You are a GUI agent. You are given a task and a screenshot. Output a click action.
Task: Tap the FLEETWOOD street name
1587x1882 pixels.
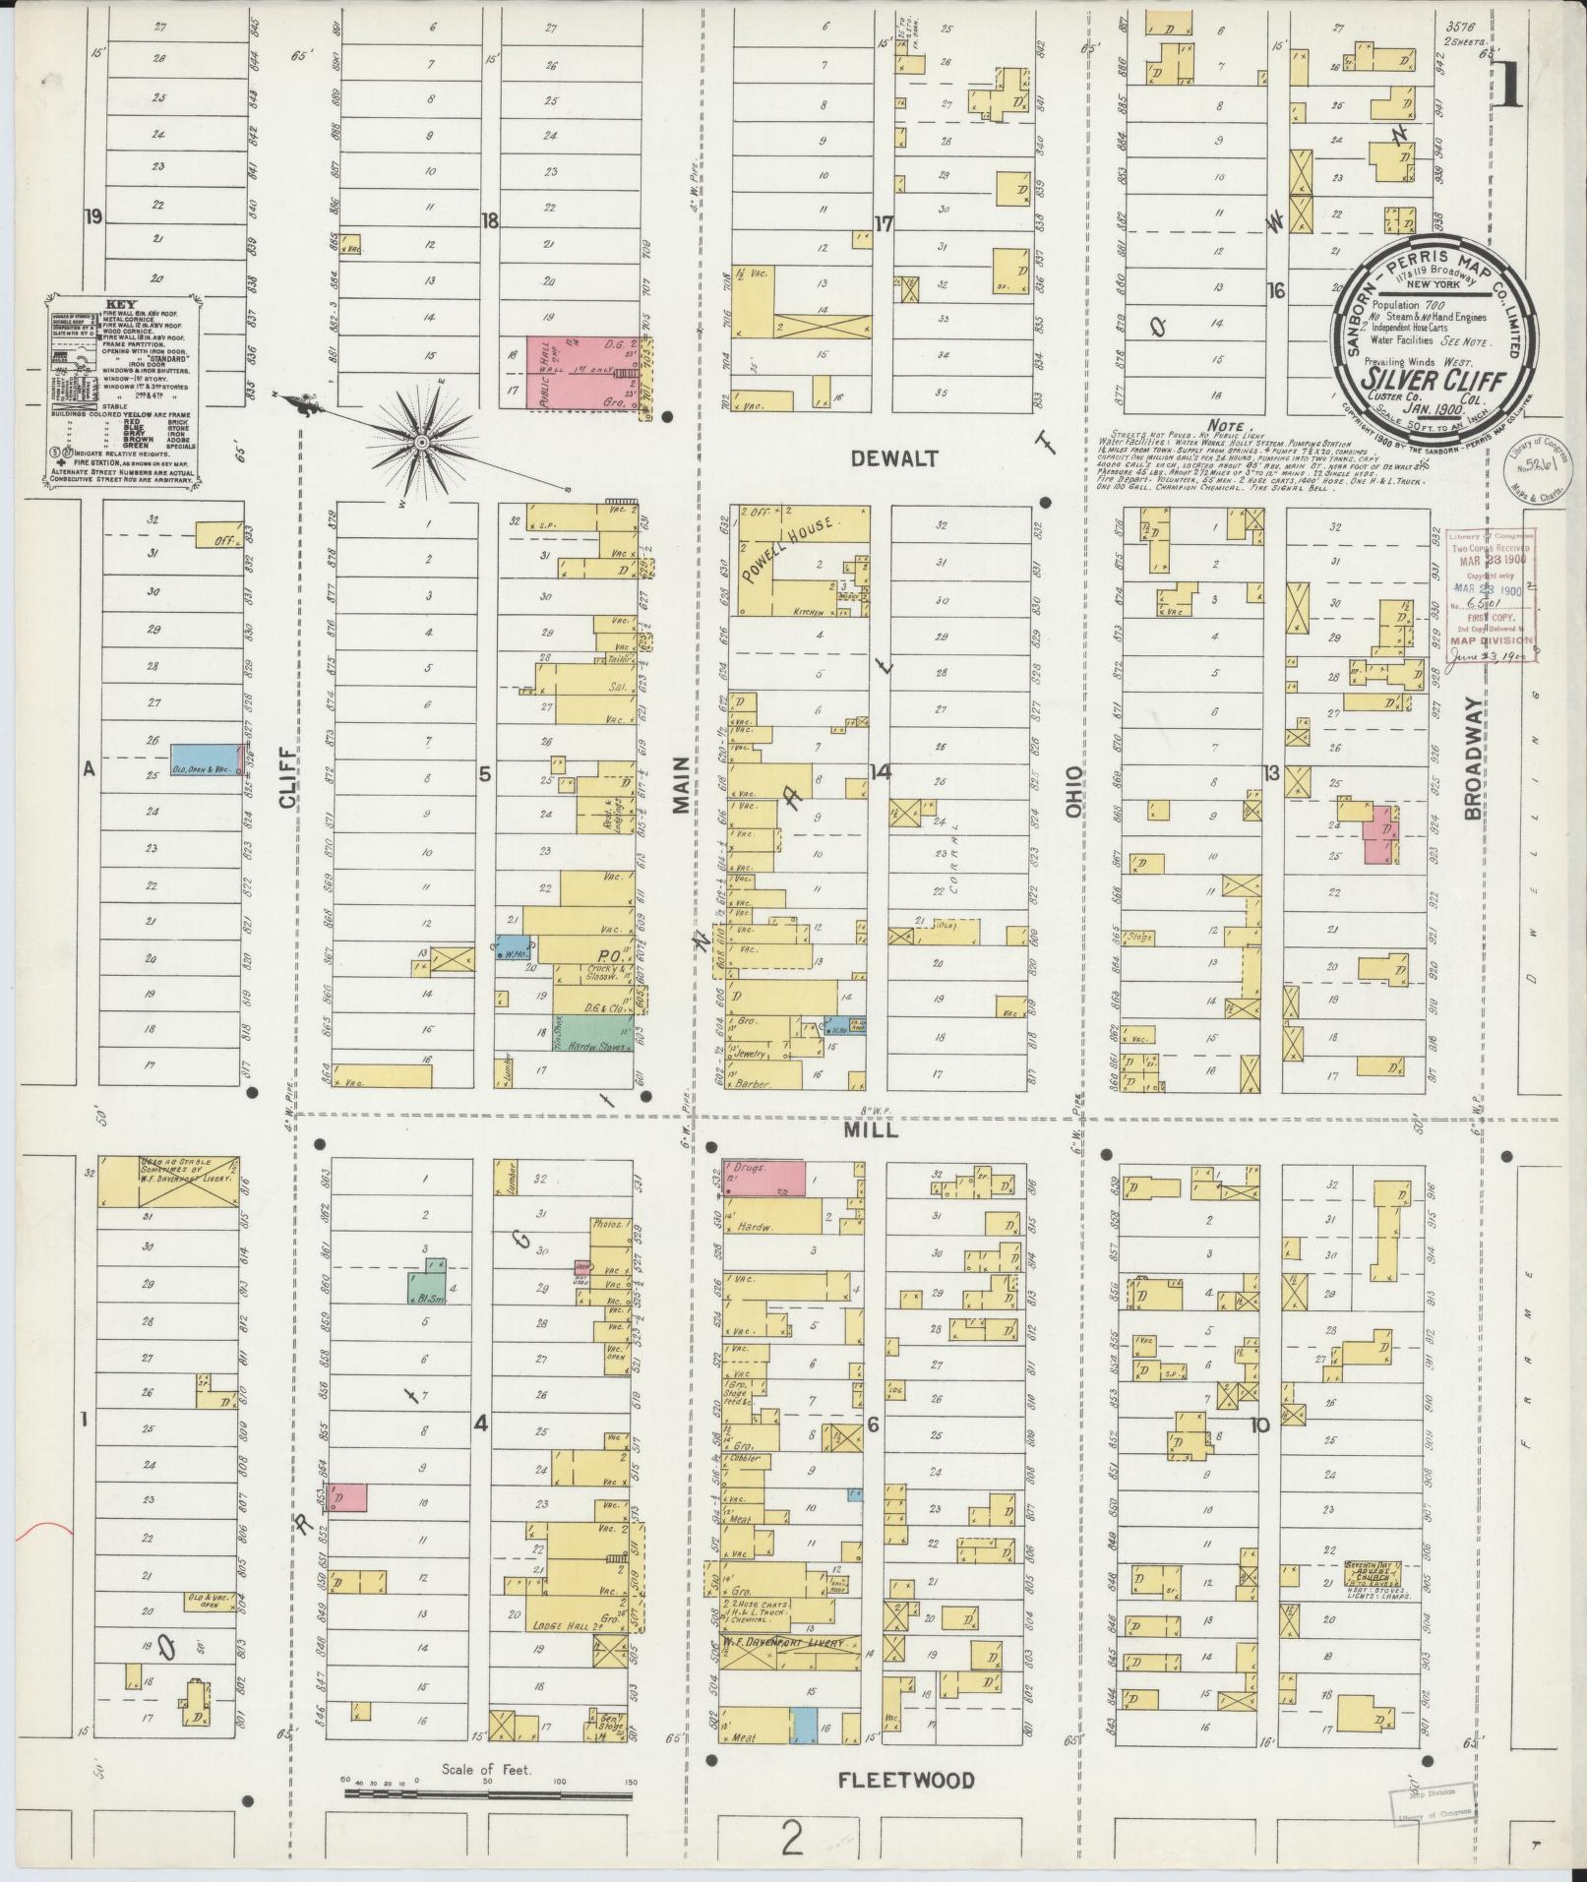(906, 1781)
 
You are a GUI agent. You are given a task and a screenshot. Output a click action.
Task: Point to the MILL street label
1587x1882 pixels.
(872, 1130)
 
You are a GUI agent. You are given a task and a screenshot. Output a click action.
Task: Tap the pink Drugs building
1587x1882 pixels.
(765, 1178)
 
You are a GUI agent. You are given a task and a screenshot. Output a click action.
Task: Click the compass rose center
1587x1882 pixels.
(421, 444)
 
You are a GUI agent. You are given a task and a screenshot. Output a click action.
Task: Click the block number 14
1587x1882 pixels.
(880, 771)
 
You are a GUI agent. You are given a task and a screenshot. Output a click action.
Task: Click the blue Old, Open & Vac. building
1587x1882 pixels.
(204, 759)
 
